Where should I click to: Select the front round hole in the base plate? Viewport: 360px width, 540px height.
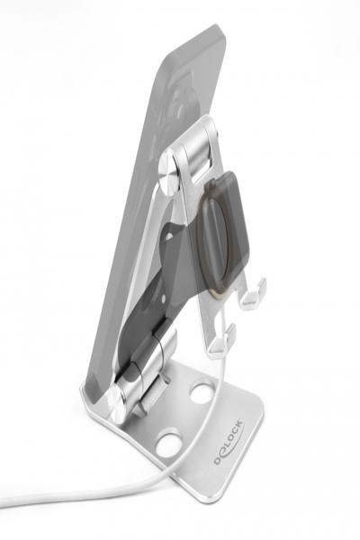[166, 444]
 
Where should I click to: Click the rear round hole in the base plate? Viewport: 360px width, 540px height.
[202, 392]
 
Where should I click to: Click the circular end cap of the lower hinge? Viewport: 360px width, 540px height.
[114, 402]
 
